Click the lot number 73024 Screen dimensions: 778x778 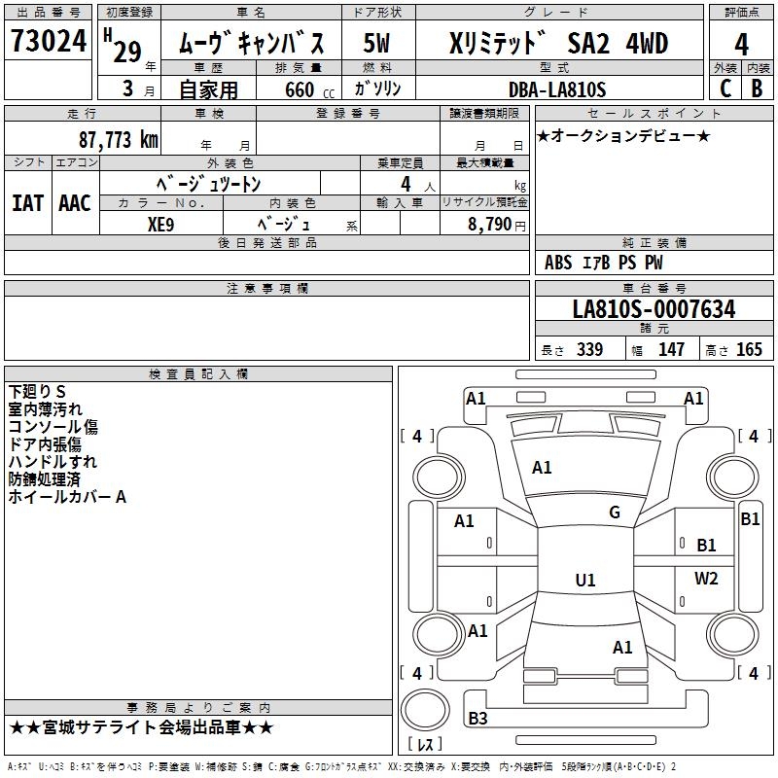coord(49,41)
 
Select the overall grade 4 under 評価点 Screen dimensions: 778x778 coord(741,44)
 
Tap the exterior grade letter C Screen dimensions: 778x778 coord(725,88)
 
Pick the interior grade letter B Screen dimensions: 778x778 coord(758,88)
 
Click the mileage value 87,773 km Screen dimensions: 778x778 coord(119,140)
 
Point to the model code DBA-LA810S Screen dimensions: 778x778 coord(557,89)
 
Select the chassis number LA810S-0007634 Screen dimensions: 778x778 coord(654,309)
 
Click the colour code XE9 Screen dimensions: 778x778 coord(160,225)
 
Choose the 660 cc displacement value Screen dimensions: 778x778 coord(309,89)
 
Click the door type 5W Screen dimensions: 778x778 coord(376,43)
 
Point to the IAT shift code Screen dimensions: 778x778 coord(27,203)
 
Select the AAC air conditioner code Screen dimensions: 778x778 coord(75,203)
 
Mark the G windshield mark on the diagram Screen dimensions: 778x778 coord(615,513)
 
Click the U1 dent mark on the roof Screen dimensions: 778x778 coord(585,580)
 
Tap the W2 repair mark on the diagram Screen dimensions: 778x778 coord(706,578)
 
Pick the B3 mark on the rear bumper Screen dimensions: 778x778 coord(477,718)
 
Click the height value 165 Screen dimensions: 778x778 coord(749,349)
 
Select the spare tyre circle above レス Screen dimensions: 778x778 coord(425,710)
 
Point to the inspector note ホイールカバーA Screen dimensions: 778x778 coord(67,497)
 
